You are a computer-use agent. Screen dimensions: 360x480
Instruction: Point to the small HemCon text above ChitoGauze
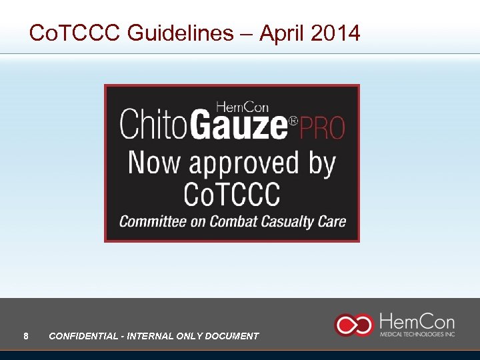point(242,107)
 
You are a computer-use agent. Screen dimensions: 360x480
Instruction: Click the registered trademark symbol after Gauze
point(292,121)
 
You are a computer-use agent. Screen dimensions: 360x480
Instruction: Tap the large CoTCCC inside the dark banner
point(231,195)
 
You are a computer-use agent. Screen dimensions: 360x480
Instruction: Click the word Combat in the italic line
point(233,221)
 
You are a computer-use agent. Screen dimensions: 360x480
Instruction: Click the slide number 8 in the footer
point(25,336)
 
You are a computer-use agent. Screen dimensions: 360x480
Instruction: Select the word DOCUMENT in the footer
point(233,336)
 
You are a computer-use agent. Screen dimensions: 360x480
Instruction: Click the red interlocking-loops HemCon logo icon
point(353,325)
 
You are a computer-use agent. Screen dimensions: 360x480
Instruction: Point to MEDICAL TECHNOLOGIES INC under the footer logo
point(417,334)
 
